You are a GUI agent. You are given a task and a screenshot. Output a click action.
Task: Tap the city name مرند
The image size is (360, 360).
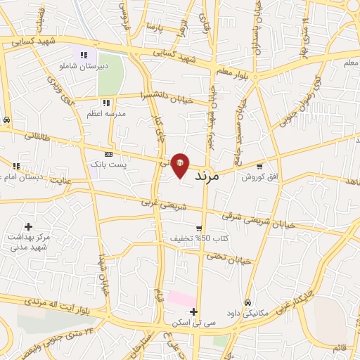coord(205,175)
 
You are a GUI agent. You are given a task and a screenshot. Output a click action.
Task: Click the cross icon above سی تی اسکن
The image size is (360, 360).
coord(193,311)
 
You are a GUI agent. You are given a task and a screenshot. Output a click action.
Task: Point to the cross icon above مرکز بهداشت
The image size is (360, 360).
coord(28,226)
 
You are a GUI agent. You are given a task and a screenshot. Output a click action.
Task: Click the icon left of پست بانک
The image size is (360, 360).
coord(108,154)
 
